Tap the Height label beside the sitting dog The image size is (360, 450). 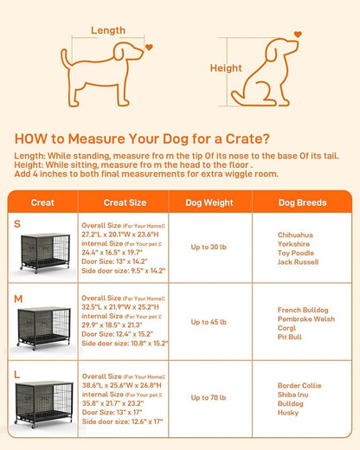[225, 68]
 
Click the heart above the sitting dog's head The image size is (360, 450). [299, 35]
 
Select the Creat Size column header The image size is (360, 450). [125, 202]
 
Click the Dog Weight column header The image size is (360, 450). [209, 202]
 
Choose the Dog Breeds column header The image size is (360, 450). [302, 202]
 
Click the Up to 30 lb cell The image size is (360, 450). [209, 247]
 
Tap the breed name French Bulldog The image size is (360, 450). [302, 310]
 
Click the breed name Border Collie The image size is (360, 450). [299, 383]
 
